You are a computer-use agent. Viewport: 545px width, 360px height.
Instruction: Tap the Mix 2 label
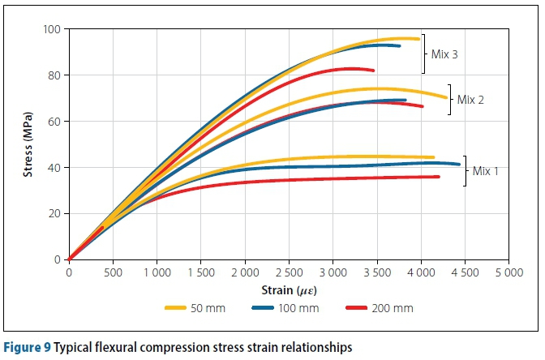(x=470, y=100)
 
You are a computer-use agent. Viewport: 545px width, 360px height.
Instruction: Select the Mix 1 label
(x=485, y=171)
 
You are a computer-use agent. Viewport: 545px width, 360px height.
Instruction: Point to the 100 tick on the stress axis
(x=54, y=30)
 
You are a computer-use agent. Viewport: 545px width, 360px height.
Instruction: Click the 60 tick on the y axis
(x=57, y=122)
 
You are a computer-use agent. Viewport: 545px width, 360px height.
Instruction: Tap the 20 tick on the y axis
(x=57, y=214)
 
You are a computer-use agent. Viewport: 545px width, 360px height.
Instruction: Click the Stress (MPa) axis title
(x=28, y=144)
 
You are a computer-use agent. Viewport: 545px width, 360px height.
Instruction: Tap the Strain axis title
(x=289, y=289)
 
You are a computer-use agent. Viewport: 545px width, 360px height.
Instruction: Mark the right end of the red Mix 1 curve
(x=439, y=177)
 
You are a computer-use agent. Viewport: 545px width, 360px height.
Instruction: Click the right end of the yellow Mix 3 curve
(x=418, y=39)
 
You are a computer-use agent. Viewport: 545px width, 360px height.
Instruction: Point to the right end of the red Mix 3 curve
(x=373, y=71)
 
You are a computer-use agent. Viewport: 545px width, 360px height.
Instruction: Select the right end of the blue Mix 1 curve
(x=459, y=165)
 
